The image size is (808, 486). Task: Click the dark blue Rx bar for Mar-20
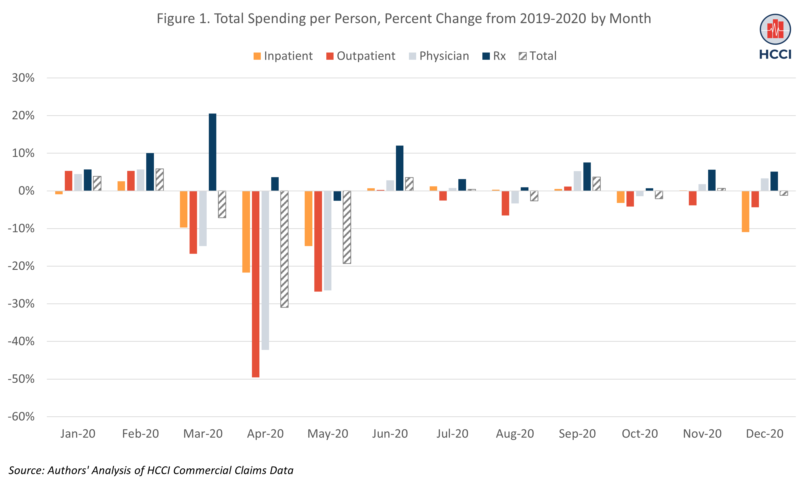(x=212, y=152)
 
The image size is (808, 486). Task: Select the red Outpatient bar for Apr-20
(x=256, y=284)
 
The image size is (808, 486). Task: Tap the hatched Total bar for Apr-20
(x=284, y=249)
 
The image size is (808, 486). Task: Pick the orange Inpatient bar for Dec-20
(x=745, y=211)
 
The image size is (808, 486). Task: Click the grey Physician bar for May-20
(x=328, y=240)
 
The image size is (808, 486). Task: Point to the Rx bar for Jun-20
(x=400, y=168)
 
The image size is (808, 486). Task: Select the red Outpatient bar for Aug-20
(x=505, y=203)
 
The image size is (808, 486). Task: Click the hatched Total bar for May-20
(x=347, y=227)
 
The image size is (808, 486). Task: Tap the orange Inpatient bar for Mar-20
(x=184, y=209)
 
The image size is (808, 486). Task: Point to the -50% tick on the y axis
(x=21, y=379)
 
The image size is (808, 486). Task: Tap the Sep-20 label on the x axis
(x=577, y=434)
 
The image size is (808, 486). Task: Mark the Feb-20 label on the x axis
(x=140, y=434)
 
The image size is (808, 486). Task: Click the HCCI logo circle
(x=775, y=29)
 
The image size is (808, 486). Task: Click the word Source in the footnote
(x=26, y=470)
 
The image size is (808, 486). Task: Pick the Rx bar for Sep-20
(x=587, y=177)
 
